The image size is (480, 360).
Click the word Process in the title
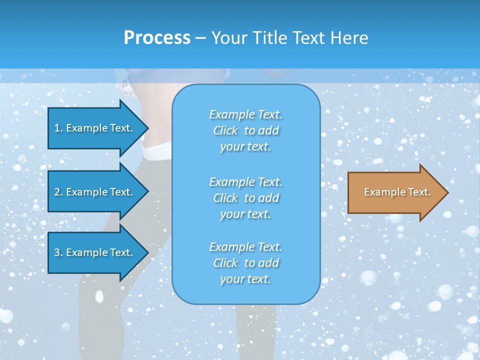point(157,38)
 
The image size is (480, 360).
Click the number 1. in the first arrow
point(58,128)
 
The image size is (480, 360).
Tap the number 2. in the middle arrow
point(58,192)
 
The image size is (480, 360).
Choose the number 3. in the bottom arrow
point(58,253)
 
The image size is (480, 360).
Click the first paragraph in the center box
point(245,130)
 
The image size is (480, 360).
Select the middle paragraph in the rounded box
point(245,198)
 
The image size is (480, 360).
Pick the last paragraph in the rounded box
point(245,263)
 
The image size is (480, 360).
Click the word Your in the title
point(228,38)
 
